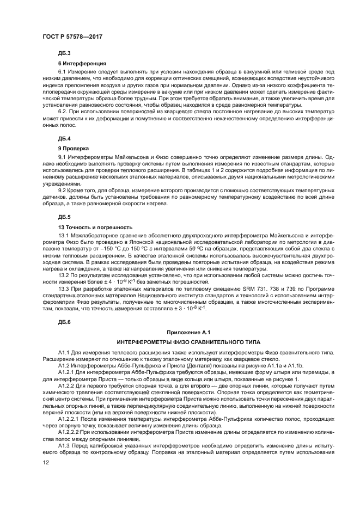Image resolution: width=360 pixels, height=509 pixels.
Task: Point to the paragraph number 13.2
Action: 64,275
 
